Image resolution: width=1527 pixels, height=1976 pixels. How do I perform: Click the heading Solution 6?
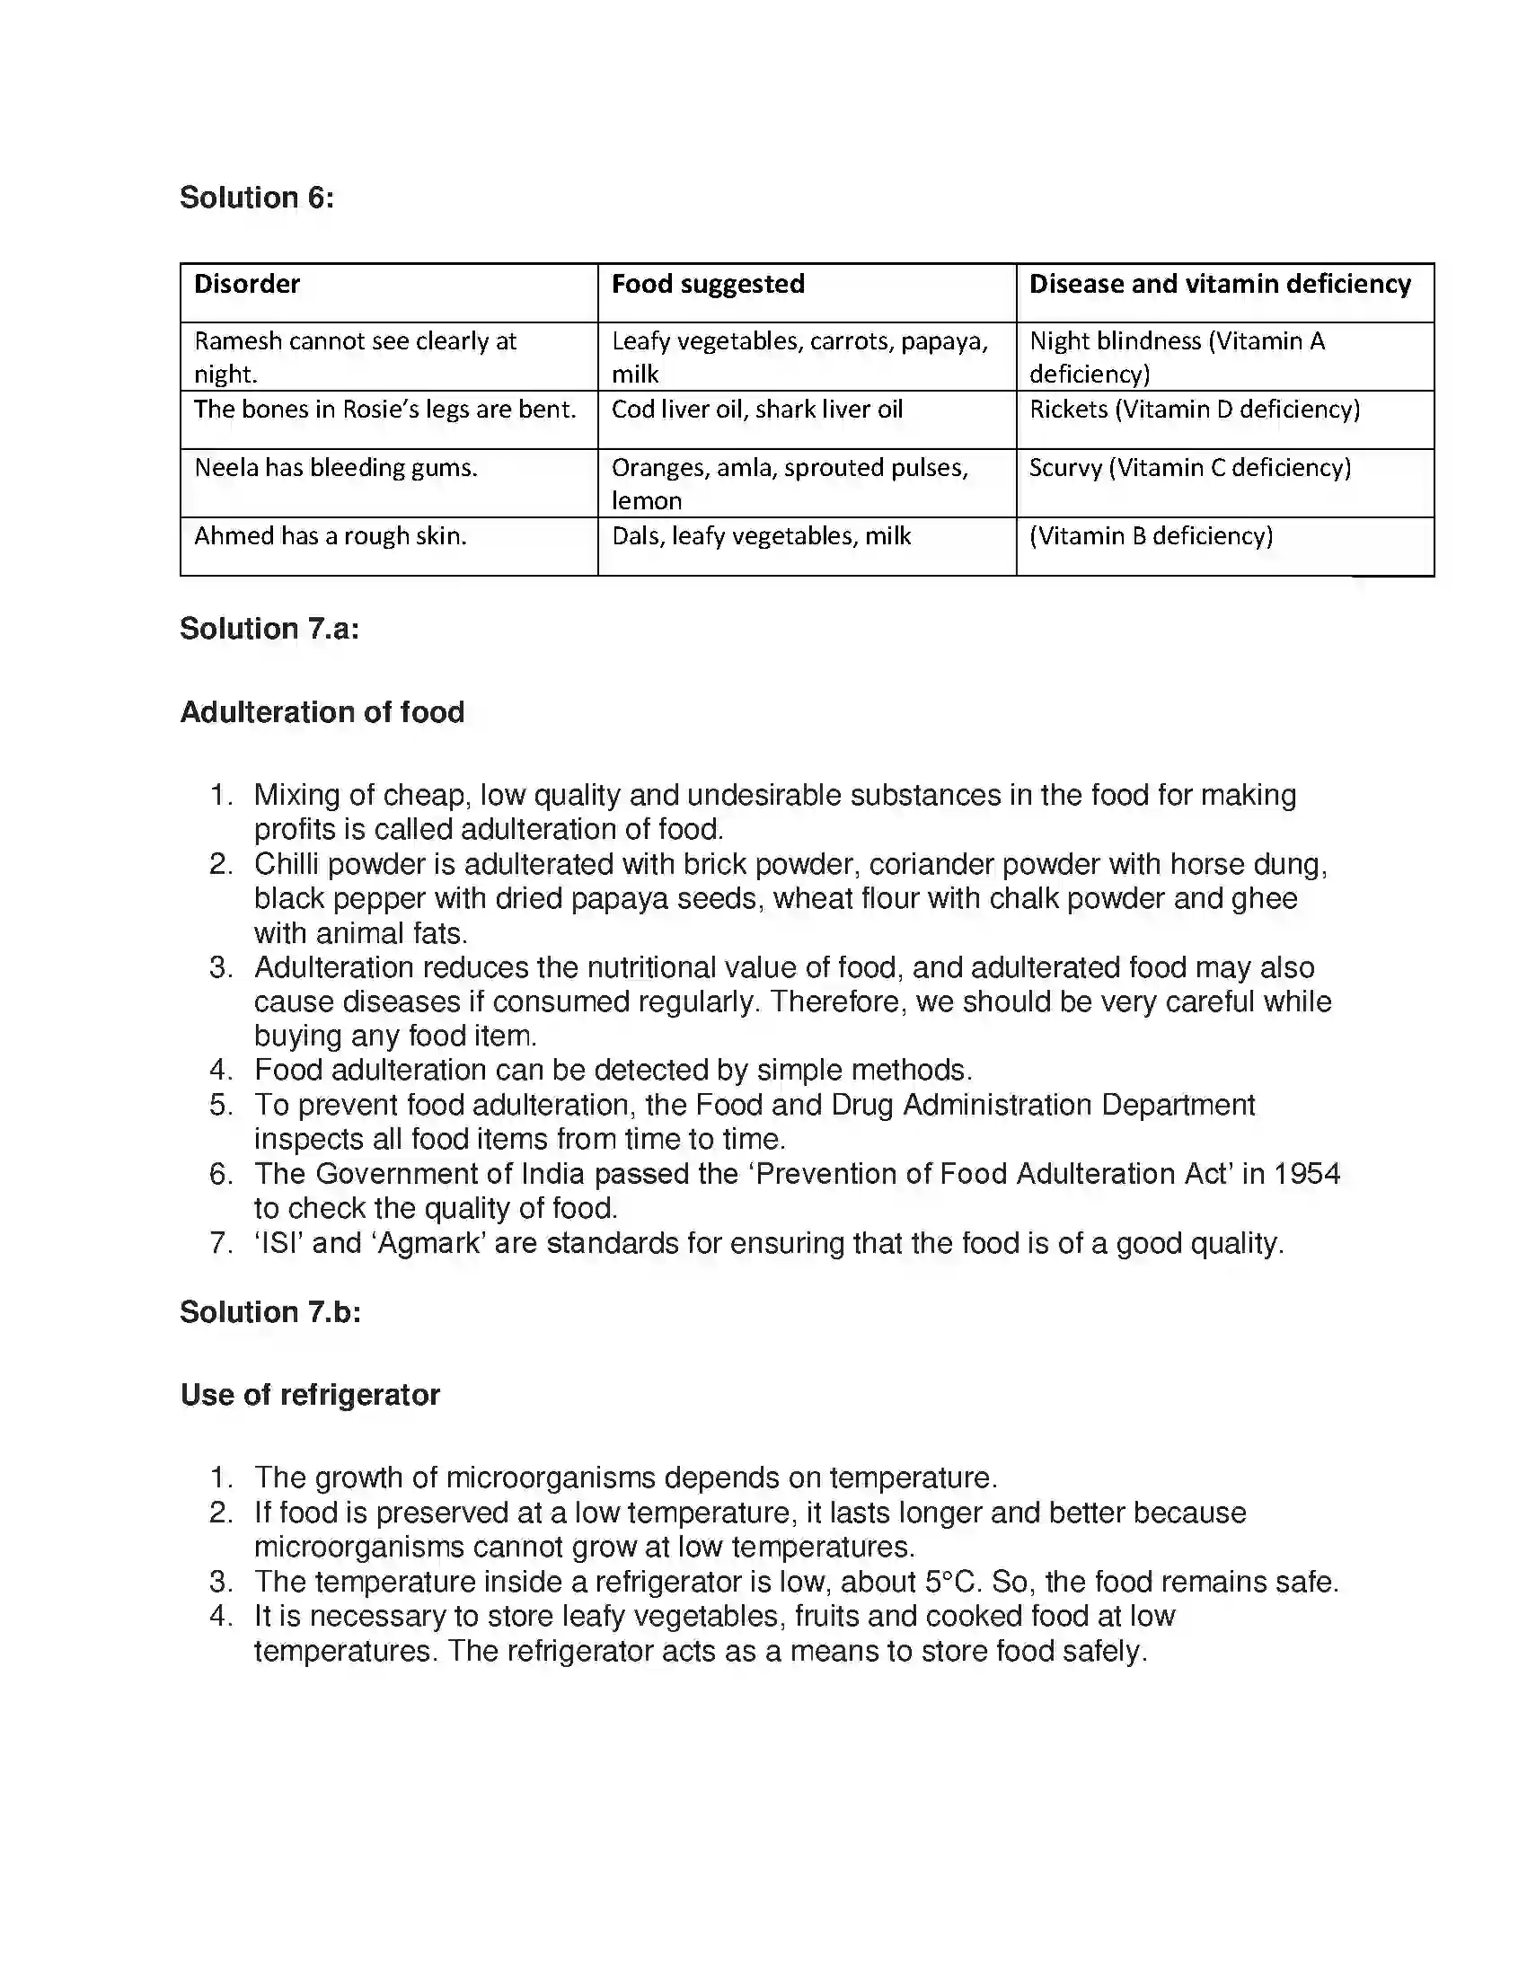[x=256, y=198]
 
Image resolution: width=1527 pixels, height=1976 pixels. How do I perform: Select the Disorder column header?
[x=246, y=284]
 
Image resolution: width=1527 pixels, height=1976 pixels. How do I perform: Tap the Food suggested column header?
[x=708, y=284]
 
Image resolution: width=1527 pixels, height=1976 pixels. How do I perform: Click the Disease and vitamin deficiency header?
[x=1220, y=284]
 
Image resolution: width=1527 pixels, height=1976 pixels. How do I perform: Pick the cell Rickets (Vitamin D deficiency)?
[x=1194, y=410]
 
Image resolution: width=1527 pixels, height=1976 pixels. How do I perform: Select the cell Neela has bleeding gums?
[x=336, y=468]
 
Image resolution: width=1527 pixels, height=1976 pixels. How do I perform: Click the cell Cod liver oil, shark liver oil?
[x=756, y=410]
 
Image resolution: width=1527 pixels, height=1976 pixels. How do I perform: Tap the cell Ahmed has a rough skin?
[x=331, y=536]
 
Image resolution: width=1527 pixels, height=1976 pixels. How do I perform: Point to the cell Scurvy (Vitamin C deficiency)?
[x=1189, y=468]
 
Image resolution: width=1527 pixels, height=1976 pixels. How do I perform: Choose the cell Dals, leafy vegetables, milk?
[x=761, y=536]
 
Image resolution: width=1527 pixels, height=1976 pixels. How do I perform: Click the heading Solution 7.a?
[x=269, y=629]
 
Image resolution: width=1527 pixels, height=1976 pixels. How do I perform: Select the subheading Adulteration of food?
[x=322, y=712]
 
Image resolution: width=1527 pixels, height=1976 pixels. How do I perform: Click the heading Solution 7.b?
[x=269, y=1312]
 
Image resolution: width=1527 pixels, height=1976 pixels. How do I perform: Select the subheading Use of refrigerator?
[x=309, y=1395]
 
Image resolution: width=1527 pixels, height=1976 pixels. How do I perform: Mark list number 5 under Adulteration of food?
[x=221, y=1106]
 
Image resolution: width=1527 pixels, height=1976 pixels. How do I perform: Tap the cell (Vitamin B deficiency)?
[x=1151, y=536]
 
